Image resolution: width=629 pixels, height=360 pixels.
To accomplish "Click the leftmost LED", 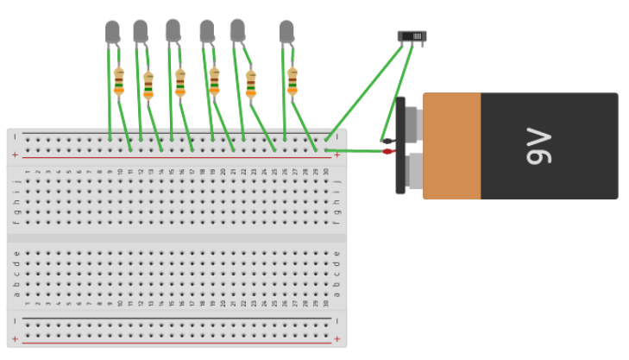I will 112,32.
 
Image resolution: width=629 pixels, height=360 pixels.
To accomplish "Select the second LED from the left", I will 140,32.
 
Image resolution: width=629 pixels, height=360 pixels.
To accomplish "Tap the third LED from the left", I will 173,30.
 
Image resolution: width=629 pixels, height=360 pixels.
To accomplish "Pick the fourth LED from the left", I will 207,31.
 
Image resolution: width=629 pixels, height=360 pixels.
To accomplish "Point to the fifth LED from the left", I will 237,30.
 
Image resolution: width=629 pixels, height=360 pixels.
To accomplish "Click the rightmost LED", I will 286,32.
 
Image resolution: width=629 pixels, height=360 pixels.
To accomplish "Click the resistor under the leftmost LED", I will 119,80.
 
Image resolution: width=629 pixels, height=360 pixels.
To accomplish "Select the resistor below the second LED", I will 148,85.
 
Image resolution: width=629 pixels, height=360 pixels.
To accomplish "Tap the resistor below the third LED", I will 180,82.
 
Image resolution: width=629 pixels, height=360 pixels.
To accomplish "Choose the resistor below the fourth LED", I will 214,81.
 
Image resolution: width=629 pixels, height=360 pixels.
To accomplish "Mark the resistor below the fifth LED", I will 251,84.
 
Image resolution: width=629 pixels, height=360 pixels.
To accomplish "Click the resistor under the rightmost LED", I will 292,80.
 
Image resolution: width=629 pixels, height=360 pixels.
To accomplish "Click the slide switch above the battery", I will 412,36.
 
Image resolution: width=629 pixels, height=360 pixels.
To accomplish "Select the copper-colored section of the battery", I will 451,146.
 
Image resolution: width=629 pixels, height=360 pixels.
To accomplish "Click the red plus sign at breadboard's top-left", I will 15,155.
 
